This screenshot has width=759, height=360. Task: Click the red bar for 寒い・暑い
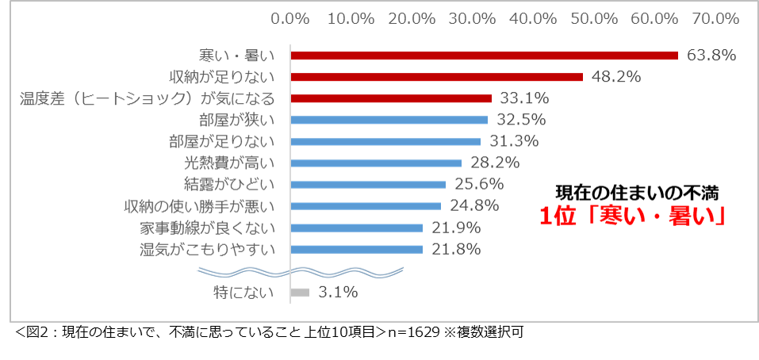484,56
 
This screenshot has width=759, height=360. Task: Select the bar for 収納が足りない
436,77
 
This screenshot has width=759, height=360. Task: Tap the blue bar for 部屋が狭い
389,121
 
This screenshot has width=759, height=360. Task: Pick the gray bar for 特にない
300,292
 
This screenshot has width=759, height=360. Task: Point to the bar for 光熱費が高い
376,163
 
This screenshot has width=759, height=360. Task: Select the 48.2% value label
616,77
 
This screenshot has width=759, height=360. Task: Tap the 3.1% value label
338,292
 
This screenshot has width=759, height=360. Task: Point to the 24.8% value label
473,206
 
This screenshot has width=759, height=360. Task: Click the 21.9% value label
456,228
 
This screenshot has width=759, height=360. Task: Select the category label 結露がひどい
229,186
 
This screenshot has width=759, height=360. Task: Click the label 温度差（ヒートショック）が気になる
148,99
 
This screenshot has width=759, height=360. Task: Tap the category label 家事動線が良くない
207,228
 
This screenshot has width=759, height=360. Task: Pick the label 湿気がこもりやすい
207,250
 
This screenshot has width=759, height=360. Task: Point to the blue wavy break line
301,270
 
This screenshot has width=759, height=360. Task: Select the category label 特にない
243,292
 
